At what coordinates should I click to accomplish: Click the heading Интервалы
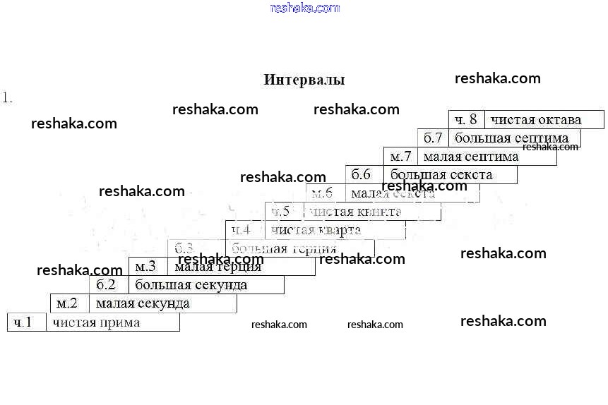pos(304,80)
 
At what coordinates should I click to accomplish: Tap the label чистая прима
pos(96,322)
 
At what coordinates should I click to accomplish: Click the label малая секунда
pos(143,303)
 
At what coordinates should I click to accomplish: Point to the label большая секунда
pos(191,285)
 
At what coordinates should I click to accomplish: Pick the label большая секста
pos(431,174)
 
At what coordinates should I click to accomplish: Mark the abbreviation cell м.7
pos(400,156)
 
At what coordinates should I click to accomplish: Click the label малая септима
pos(471,156)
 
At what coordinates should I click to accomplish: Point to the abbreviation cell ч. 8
pos(465,119)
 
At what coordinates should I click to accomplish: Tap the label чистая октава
pos(536,119)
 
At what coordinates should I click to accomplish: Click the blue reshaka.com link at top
pos(305,8)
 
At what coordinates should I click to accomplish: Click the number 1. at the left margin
pos(8,98)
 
